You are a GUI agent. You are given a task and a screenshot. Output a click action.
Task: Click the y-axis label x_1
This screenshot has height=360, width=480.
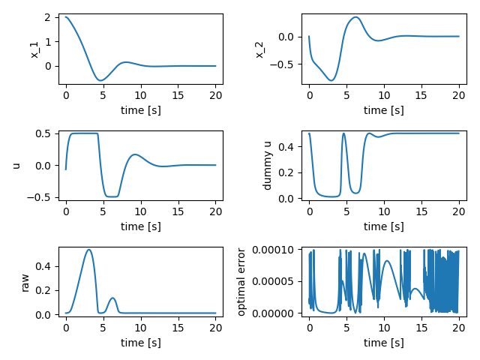pyautogui.click(x=34, y=49)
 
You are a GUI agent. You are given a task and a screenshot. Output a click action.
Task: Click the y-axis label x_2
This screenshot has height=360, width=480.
pyautogui.click(x=259, y=49)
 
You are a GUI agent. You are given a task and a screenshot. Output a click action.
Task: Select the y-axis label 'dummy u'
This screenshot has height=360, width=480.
pyautogui.click(x=267, y=165)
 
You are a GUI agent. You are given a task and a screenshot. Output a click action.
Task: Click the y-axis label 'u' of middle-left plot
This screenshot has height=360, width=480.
pyautogui.click(x=16, y=165)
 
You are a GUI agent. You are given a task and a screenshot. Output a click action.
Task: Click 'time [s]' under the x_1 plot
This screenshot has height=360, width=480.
pyautogui.click(x=140, y=109)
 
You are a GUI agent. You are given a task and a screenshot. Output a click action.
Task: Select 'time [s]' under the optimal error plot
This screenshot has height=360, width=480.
pyautogui.click(x=383, y=343)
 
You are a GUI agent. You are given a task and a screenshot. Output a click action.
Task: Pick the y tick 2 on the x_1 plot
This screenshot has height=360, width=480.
pyautogui.click(x=49, y=17)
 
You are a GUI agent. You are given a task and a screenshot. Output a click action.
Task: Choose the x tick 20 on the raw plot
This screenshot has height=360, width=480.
pyautogui.click(x=215, y=328)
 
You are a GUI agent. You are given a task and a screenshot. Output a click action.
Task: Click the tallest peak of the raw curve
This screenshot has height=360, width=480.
pyautogui.click(x=89, y=250)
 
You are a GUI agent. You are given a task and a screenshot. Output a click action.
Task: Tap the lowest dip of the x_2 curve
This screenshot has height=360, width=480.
pyautogui.click(x=331, y=80)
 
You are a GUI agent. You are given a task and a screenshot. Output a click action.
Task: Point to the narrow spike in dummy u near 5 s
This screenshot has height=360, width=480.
pyautogui.click(x=343, y=133)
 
